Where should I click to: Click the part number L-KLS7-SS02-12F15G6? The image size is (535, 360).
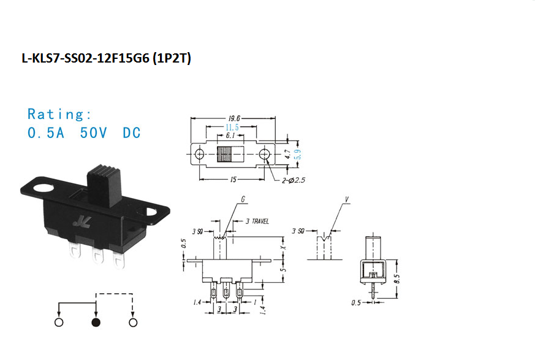tap(86, 58)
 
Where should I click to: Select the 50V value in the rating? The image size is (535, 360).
tap(94, 133)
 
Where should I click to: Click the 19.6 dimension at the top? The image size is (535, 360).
tap(233, 118)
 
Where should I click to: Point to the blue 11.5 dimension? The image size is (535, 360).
tap(232, 128)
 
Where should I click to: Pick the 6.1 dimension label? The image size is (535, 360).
tap(230, 136)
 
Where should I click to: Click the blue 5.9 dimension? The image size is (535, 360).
tap(298, 155)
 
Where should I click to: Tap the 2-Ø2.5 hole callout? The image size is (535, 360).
tap(293, 180)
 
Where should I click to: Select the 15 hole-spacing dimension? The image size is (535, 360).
tap(233, 179)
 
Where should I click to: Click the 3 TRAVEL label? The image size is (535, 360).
tap(257, 221)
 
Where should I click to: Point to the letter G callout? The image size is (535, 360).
tap(243, 199)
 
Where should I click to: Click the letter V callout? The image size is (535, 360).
tap(347, 199)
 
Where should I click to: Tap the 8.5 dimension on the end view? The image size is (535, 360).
tap(397, 278)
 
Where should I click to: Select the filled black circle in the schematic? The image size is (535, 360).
tap(96, 322)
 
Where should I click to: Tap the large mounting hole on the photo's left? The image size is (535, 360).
tap(44, 188)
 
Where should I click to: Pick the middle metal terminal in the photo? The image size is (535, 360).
tap(97, 256)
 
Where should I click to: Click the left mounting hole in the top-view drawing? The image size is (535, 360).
tap(199, 155)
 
